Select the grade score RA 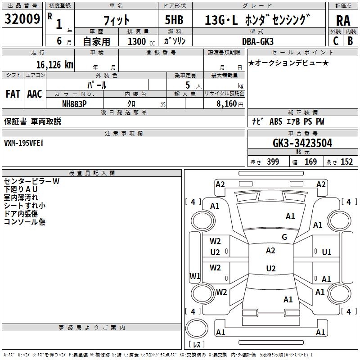click(x=343, y=21)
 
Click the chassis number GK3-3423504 click(x=302, y=143)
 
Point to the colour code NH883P click(x=74, y=103)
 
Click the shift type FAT click(x=13, y=94)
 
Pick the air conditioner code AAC click(x=35, y=94)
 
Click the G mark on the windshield click(x=284, y=237)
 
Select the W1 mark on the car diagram click(x=195, y=276)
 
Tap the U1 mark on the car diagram click(x=327, y=252)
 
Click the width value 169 click(x=310, y=162)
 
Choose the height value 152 click(x=346, y=162)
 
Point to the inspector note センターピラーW click(x=31, y=181)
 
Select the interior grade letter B click(x=350, y=40)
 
